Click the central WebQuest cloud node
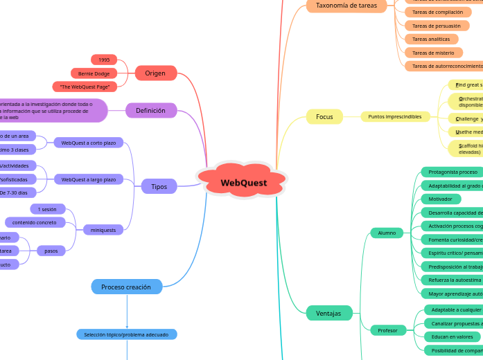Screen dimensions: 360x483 click(243, 182)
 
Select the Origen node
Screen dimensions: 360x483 click(155, 73)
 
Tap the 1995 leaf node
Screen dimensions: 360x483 click(104, 60)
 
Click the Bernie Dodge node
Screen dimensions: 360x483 click(94, 73)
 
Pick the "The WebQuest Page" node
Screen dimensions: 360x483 click(85, 87)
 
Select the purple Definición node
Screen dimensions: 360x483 click(150, 110)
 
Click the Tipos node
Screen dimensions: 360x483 click(159, 186)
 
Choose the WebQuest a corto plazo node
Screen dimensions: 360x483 click(88, 143)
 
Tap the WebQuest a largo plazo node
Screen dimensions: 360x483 click(88, 179)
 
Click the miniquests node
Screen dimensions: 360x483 click(103, 229)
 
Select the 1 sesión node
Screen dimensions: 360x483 click(48, 209)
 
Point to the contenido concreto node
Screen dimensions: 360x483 click(35, 222)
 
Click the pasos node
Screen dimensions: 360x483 click(51, 251)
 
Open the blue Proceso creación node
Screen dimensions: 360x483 click(126, 287)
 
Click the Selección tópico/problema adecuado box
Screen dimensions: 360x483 click(126, 334)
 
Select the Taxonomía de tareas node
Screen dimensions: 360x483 click(346, 6)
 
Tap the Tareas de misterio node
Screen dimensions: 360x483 click(433, 53)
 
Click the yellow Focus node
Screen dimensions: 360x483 click(324, 116)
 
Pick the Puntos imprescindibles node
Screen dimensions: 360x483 click(395, 116)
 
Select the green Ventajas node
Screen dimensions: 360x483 click(328, 313)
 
